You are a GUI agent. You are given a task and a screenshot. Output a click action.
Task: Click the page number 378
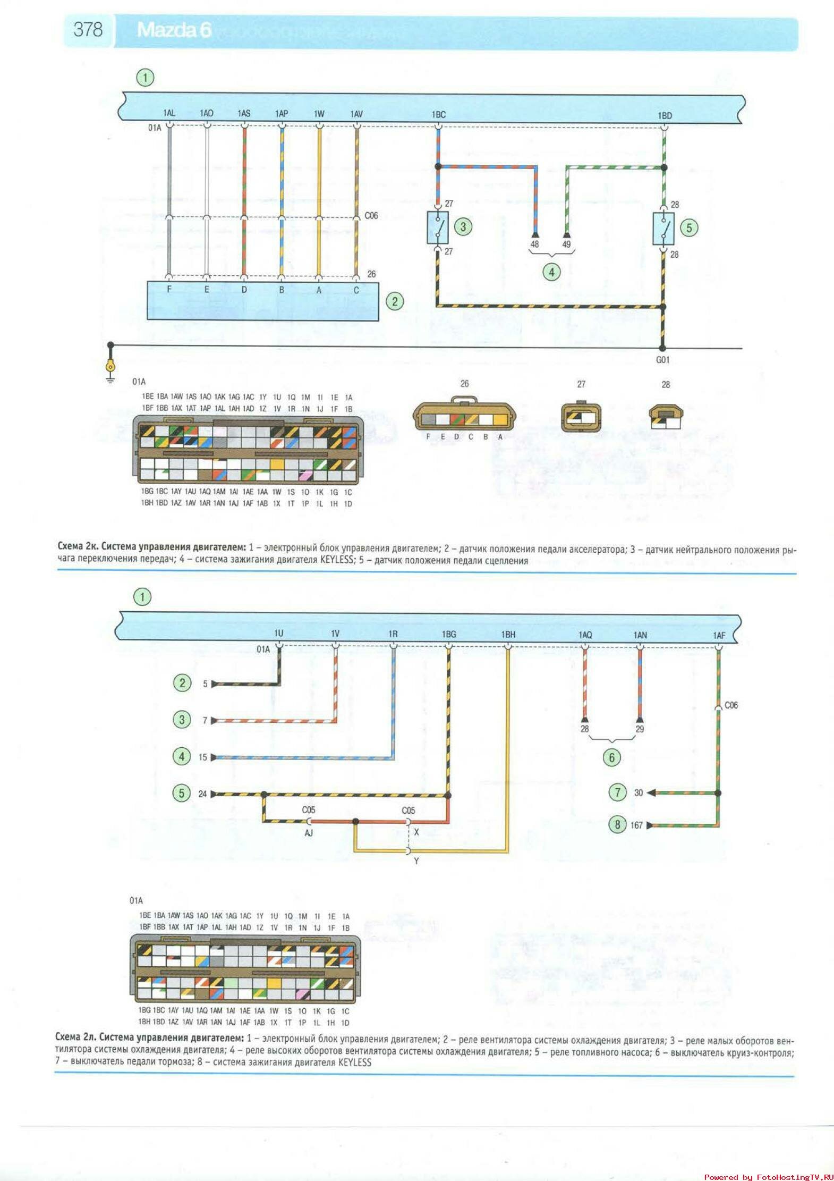coord(88,29)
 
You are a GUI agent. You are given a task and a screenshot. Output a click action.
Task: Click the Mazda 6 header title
coord(174,30)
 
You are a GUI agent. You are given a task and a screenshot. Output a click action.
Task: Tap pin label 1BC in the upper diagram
coord(438,115)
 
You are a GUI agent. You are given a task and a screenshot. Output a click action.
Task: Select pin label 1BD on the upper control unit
coord(665,115)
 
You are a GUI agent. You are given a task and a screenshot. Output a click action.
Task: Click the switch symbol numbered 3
coord(438,227)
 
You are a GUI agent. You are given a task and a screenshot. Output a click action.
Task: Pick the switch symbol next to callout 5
coord(663,229)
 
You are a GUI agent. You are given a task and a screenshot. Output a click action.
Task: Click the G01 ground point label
coord(662,360)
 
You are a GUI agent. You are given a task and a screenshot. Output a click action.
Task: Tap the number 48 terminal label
coord(534,244)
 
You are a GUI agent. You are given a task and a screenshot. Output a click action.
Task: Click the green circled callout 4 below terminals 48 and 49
coord(551,272)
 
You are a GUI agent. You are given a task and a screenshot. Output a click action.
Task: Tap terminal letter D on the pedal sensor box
coord(244,290)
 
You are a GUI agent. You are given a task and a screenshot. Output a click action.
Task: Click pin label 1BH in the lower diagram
coord(508,635)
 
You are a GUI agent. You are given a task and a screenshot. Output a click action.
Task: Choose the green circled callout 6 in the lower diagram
coord(611,757)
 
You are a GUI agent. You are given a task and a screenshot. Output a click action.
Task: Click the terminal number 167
coord(636,825)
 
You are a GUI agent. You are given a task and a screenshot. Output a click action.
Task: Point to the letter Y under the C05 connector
coord(416,861)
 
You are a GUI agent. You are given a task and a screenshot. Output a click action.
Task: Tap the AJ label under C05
coord(309,833)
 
